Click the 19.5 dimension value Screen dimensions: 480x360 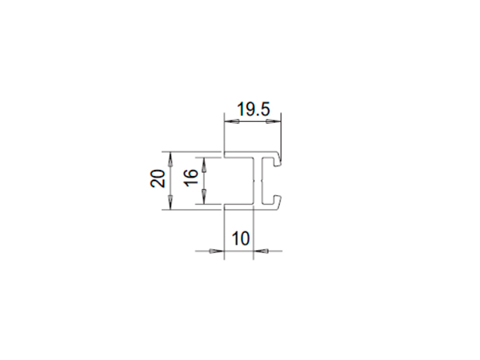[253, 109]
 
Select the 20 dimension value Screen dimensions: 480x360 [157, 178]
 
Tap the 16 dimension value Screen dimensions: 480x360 [191, 178]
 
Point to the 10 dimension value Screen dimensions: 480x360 [241, 238]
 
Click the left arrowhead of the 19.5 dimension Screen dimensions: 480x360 [232, 122]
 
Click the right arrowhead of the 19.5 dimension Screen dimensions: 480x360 [273, 122]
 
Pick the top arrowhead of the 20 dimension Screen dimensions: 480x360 [171, 159]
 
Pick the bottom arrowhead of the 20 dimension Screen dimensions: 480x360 [171, 203]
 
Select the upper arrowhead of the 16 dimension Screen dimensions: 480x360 [204, 165]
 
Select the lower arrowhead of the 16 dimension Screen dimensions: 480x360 [204, 196]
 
